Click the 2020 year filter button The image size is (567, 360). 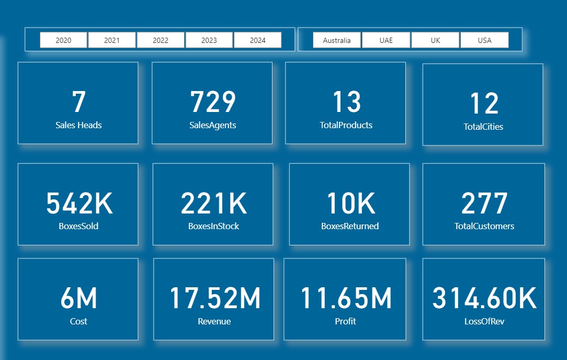click(x=63, y=40)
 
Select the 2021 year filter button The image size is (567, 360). click(x=112, y=40)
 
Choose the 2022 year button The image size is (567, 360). click(x=161, y=40)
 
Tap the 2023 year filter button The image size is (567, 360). click(x=209, y=40)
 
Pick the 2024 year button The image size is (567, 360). click(x=257, y=40)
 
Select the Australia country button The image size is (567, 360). click(x=337, y=40)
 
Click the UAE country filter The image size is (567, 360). click(x=386, y=40)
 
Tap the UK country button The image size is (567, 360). click(x=435, y=40)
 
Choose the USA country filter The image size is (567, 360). click(x=484, y=40)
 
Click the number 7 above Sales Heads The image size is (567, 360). click(x=78, y=102)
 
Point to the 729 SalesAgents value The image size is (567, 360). click(x=212, y=102)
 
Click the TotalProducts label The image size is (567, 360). click(x=346, y=125)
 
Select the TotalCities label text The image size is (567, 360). click(x=483, y=127)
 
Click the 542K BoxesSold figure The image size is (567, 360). click(x=79, y=204)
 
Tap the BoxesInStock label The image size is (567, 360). click(x=213, y=226)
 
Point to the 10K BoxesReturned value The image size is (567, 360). click(x=350, y=204)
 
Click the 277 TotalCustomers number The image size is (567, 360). click(x=484, y=204)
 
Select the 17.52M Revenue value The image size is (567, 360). click(x=214, y=298)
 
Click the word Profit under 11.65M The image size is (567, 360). click(x=345, y=321)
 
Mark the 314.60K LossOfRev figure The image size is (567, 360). click(x=484, y=298)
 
